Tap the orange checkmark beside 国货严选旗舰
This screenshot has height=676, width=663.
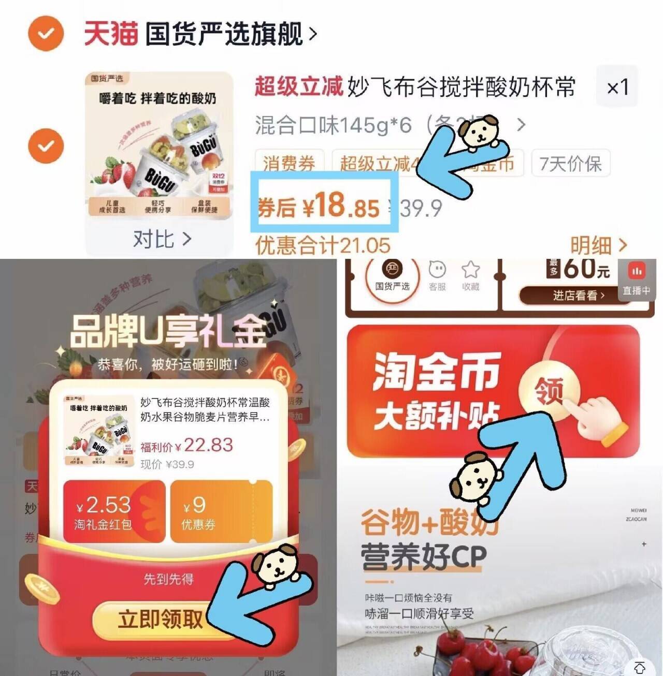(46, 34)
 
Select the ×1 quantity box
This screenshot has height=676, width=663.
(617, 87)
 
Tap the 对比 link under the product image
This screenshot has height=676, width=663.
(162, 239)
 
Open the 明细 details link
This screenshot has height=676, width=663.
(598, 245)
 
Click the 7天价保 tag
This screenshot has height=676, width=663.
(570, 164)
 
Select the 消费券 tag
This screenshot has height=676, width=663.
(289, 164)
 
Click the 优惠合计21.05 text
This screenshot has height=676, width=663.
(323, 245)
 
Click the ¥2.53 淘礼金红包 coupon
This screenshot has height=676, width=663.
(114, 511)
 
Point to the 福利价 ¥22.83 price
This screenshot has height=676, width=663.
(186, 446)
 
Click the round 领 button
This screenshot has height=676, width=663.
(549, 390)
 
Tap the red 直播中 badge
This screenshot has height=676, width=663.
(637, 280)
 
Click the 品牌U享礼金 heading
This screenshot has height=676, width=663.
(168, 331)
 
